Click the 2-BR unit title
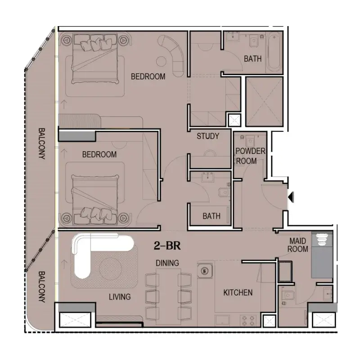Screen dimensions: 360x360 tap(167, 246)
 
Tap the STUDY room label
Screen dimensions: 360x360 tap(208, 136)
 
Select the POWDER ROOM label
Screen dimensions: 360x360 tap(250, 156)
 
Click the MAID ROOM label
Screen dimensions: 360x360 tap(297, 245)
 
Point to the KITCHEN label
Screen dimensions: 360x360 tap(238, 292)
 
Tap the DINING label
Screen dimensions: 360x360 tap(167, 263)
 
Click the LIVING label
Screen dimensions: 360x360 tap(120, 297)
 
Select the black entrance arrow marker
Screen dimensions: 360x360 tap(291, 197)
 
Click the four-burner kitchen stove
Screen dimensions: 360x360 tap(248, 320)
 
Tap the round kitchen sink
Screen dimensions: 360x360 tap(205, 271)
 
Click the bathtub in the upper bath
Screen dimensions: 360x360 tap(274, 52)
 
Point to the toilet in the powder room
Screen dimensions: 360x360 tap(250, 141)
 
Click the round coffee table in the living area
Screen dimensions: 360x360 tap(110, 269)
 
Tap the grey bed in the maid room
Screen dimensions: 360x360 tap(322, 255)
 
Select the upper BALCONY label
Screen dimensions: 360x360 tap(41, 144)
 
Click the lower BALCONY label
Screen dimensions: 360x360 tap(41, 287)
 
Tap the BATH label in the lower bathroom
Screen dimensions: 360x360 tap(211, 216)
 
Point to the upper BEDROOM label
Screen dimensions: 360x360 tap(148, 76)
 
